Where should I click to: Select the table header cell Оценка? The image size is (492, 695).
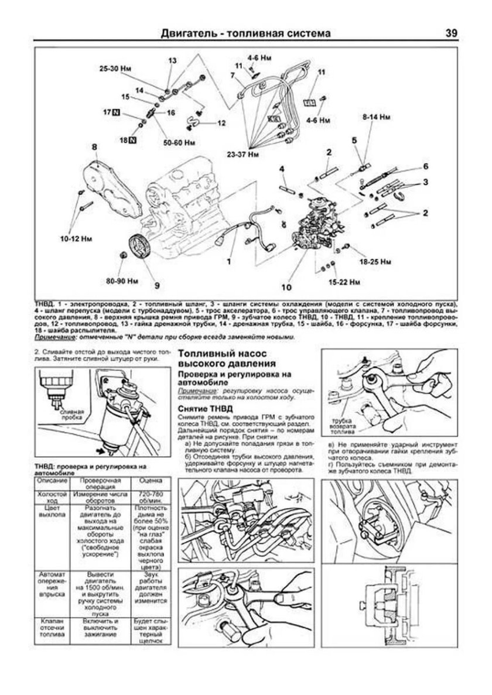tap(146, 480)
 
